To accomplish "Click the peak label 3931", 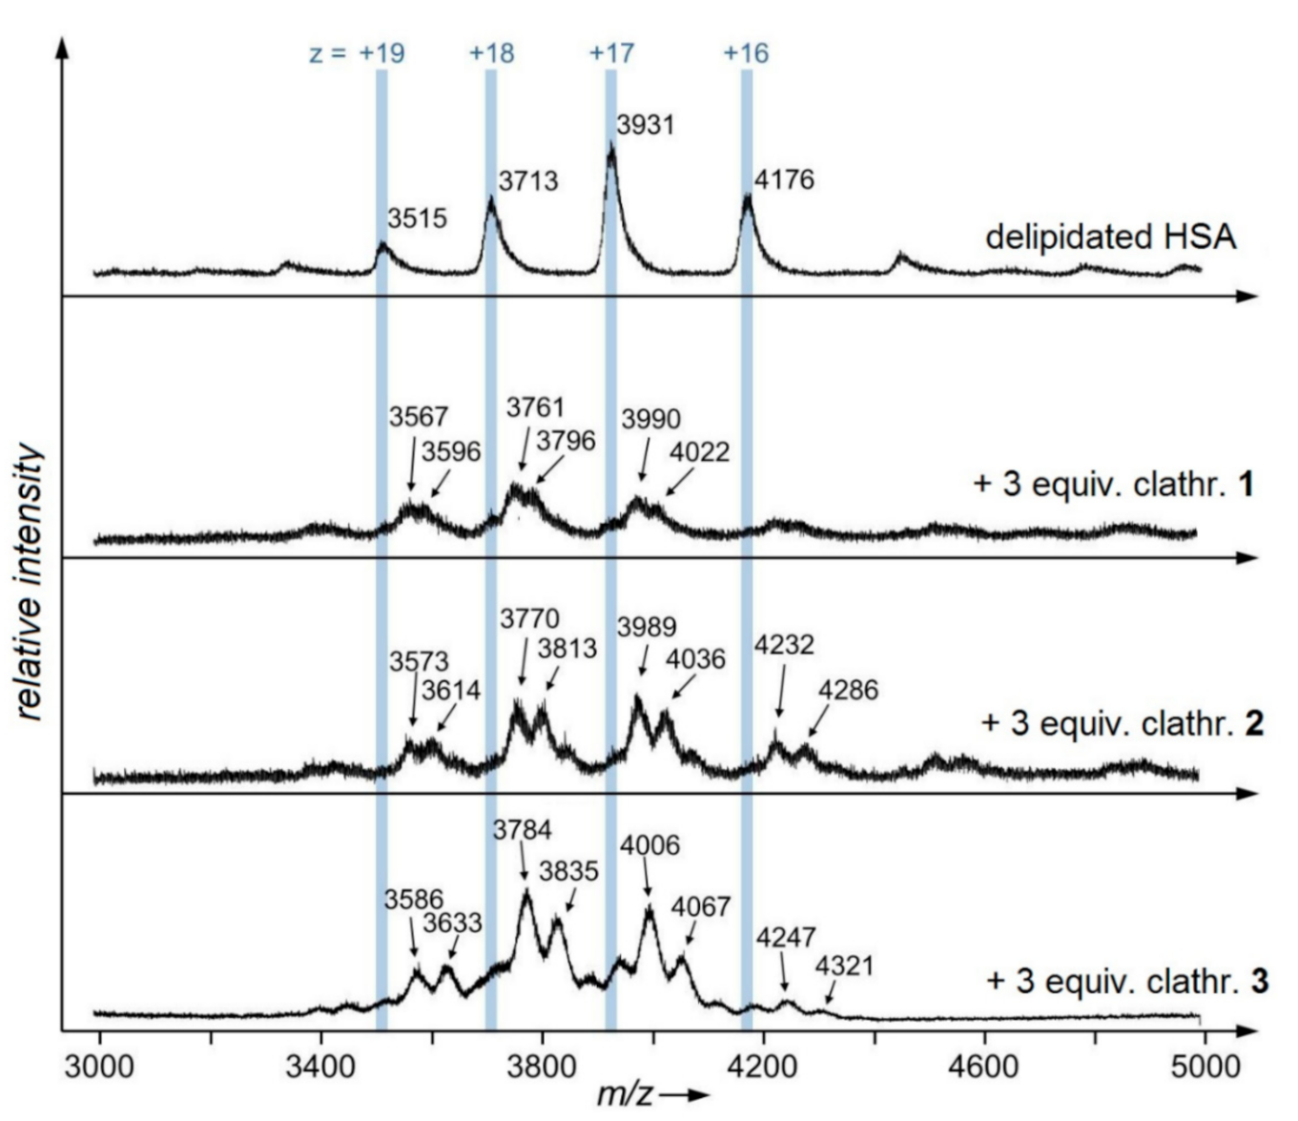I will tap(646, 125).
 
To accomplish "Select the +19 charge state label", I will tap(381, 53).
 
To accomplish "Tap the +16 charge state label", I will tap(746, 53).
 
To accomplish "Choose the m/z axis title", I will tap(652, 1095).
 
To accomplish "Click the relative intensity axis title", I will tap(31, 583).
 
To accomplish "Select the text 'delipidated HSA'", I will tap(1110, 237).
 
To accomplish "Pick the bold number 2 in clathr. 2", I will tap(1254, 724).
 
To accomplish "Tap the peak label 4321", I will tap(844, 966).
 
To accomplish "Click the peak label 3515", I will tap(417, 218).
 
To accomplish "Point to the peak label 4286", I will tap(848, 690).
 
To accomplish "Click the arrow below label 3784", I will tap(524, 867).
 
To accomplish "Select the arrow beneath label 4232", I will tap(781, 692).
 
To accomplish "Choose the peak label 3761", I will tap(535, 407).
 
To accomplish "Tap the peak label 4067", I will tap(700, 907).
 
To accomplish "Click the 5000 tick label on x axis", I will tap(1205, 1066).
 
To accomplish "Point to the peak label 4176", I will tap(784, 179).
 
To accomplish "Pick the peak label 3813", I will tap(567, 649).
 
